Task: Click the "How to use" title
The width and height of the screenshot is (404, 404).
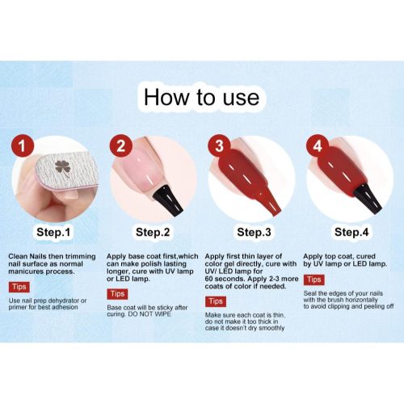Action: coord(201,97)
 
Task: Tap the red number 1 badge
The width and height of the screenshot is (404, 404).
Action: coord(23,146)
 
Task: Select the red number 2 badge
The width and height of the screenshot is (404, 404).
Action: coord(120,145)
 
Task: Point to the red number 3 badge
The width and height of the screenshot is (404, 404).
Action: coord(219,145)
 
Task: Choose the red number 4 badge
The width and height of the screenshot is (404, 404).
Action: coord(318,145)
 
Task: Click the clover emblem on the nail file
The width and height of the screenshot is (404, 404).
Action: coord(63,168)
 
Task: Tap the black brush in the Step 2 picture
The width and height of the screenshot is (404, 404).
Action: coord(168,200)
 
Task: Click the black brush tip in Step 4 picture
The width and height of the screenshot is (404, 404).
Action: coord(368,198)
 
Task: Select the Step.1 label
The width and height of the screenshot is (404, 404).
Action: coord(53,232)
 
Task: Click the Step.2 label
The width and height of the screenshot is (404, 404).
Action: coord(153,232)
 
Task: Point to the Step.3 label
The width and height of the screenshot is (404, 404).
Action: coord(254,232)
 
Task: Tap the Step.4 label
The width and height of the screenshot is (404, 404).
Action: coord(351,232)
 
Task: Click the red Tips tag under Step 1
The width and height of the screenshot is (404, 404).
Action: coord(19,287)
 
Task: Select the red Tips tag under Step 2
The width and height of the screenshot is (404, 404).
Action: coord(117,294)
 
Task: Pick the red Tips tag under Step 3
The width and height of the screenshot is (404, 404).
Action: coord(216,301)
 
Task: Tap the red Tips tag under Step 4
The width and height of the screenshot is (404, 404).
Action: coord(314,280)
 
